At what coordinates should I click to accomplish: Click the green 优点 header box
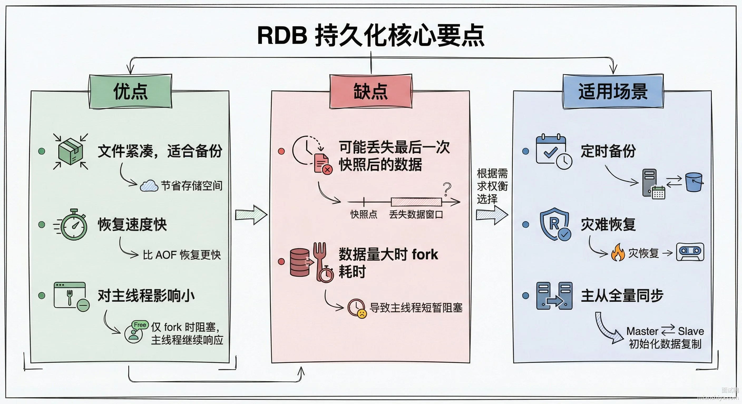[130, 92]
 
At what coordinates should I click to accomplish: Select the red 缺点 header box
[371, 92]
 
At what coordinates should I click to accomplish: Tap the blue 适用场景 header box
[613, 92]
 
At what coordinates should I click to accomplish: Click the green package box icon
[71, 151]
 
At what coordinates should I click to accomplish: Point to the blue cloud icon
[149, 186]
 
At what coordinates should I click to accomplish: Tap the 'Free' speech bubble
[140, 325]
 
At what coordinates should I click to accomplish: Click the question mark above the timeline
[447, 189]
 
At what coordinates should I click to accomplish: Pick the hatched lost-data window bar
[416, 202]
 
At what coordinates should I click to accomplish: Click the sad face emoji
[362, 313]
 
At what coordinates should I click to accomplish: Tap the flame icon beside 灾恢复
[618, 252]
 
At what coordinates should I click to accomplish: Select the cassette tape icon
[690, 252]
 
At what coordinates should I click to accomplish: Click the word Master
[642, 331]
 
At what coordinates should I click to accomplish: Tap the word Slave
[691, 331]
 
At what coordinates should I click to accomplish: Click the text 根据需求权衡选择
[492, 186]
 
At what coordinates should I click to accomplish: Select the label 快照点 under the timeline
[364, 215]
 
